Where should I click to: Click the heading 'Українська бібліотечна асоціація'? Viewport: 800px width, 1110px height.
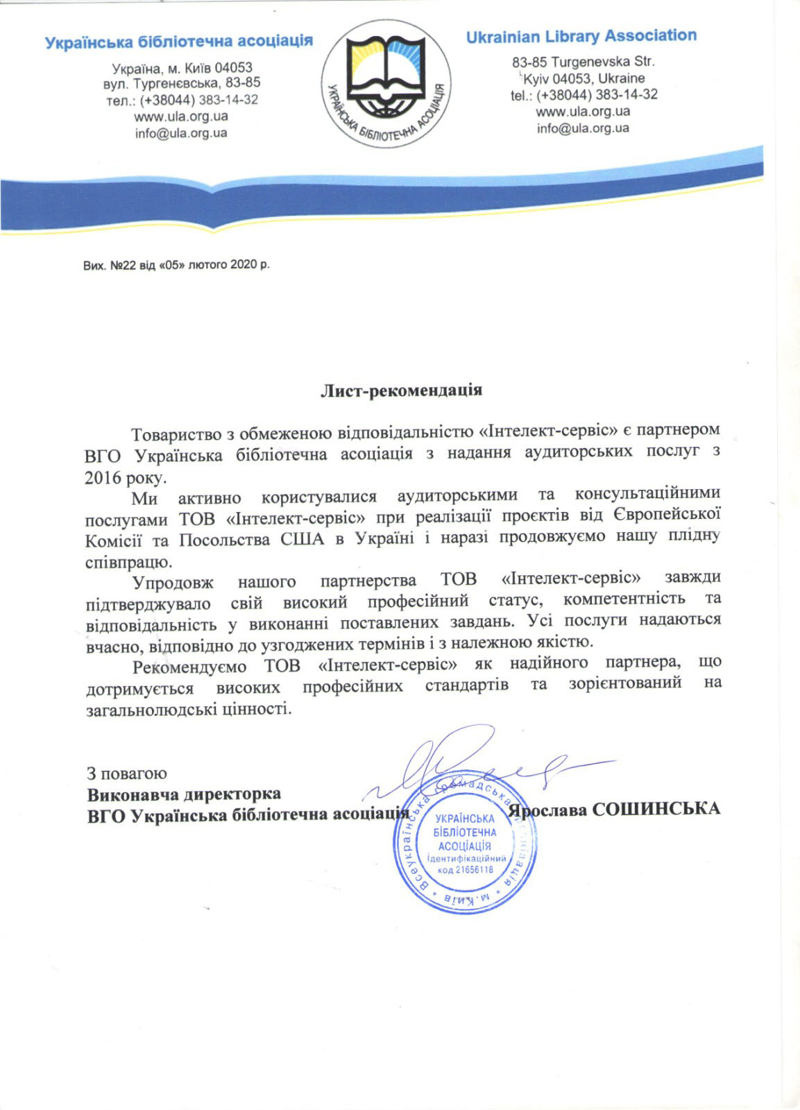(178, 42)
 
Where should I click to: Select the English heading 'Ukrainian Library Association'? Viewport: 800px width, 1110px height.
(581, 37)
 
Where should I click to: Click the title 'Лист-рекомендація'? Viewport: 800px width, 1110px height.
(401, 390)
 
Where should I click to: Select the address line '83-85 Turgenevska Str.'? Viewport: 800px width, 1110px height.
(583, 62)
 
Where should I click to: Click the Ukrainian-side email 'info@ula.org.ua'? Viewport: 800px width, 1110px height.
(181, 133)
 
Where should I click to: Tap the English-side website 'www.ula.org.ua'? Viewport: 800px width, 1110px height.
(583, 111)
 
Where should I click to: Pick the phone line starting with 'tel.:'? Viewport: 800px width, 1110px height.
(584, 95)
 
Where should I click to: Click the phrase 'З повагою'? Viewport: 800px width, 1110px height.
(126, 773)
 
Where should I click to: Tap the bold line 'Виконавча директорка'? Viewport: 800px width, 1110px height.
(184, 794)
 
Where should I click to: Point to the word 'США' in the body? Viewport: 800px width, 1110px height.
(302, 539)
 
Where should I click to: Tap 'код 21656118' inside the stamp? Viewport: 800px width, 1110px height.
(465, 870)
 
